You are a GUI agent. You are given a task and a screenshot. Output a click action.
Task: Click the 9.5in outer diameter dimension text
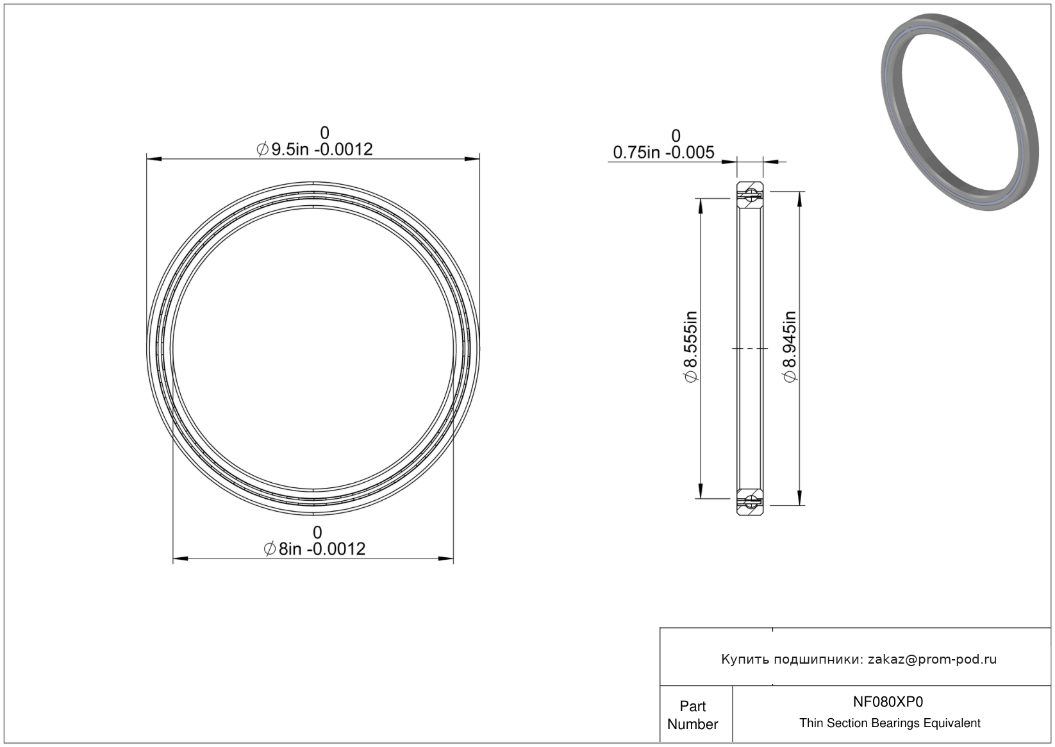click(x=315, y=149)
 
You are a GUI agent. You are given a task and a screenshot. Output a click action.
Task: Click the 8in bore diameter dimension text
click(x=315, y=549)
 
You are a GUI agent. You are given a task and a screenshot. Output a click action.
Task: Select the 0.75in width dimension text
click(x=663, y=152)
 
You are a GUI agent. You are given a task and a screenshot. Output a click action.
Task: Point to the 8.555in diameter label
click(x=690, y=346)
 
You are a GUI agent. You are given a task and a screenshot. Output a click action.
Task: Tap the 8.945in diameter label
click(x=790, y=346)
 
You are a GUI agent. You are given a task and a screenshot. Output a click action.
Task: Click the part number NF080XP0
click(x=888, y=702)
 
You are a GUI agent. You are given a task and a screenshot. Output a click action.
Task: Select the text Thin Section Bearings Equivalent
click(x=890, y=723)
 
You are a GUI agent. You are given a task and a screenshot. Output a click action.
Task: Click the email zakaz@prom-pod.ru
click(x=932, y=659)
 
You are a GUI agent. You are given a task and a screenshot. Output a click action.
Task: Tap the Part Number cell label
click(x=692, y=715)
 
